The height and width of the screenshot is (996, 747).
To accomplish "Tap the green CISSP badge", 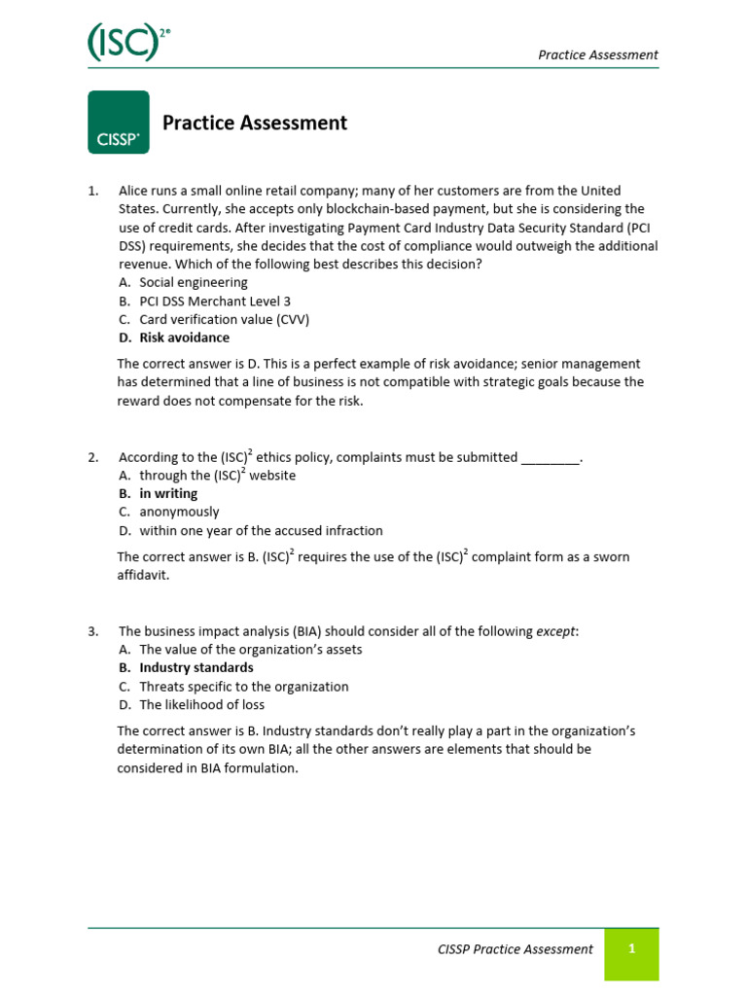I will coord(119,123).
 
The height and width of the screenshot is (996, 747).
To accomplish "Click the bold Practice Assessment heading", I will coord(254,123).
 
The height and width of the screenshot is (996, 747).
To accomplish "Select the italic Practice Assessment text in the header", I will coord(598,54).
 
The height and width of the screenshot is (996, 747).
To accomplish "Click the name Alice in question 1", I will coord(134,191).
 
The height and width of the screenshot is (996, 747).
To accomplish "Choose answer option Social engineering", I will coord(194,282).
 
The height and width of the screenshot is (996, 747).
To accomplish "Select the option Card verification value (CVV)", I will coord(225,319).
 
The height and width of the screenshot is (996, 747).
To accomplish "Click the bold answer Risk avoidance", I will coord(185,338).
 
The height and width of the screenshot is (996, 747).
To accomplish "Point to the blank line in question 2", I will coord(551,457).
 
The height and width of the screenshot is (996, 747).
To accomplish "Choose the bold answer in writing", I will coord(168,493).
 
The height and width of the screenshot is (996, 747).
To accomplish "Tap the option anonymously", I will coord(179,512).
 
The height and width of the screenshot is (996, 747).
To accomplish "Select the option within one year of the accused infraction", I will coord(261,530).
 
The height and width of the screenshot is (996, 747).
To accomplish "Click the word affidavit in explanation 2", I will coord(143,575).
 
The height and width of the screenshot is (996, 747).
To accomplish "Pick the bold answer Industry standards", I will coord(196,667).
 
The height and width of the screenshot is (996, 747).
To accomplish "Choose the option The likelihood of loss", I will coord(201,704).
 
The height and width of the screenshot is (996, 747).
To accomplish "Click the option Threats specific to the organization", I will coord(243,686).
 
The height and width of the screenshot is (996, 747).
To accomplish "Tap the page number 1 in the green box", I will coord(631,949).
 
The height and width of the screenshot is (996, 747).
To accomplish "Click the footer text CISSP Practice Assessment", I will coord(516,949).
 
